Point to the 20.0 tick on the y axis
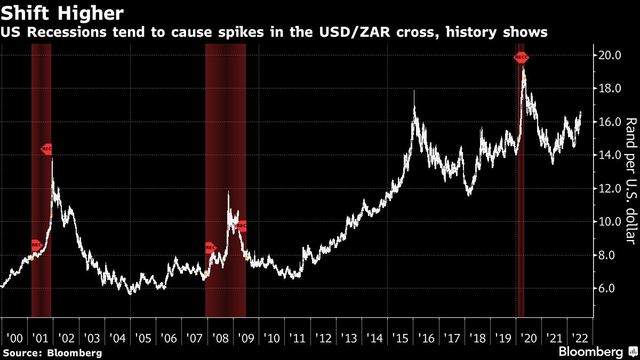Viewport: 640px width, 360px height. pos(610,55)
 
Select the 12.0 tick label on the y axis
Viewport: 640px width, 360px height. pos(610,189)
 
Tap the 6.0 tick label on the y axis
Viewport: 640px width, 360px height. pos(610,289)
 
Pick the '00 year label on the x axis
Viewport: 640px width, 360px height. pos(14,338)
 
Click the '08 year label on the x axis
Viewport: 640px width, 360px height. pos(220,338)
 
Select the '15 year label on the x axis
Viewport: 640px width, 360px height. pos(401,338)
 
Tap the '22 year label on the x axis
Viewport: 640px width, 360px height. pos(580,338)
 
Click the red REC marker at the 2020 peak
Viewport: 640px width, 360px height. pos(522,57)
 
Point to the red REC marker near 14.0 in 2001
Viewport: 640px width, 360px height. pos(47,149)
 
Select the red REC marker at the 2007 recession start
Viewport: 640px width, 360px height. pos(211,247)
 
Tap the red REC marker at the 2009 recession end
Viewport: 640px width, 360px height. pos(241,226)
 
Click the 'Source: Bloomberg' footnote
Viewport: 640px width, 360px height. pos(52,353)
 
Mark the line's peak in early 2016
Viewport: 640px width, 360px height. pos(414,92)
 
